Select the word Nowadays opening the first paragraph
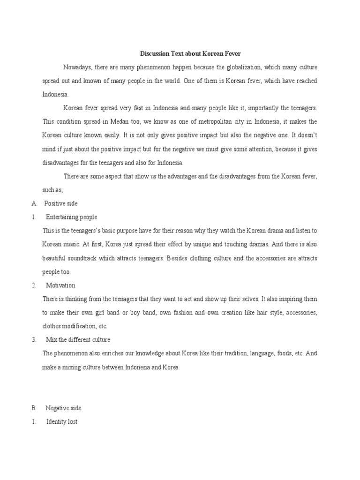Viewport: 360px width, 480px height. (78, 67)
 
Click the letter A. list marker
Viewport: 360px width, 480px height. (34, 203)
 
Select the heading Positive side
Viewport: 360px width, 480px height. (61, 203)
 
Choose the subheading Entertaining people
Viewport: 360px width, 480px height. (72, 217)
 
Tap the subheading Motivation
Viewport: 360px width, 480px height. (60, 285)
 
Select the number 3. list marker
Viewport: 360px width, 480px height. (34, 339)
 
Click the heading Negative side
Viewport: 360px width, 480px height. (63, 408)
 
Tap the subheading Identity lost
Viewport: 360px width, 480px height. (62, 422)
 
